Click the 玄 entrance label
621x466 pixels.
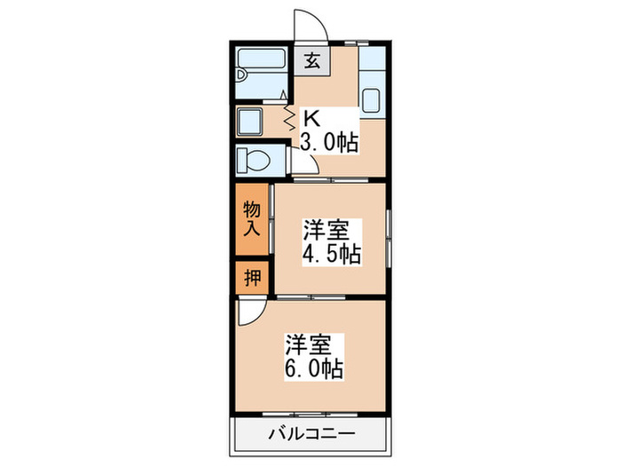(x=312, y=61)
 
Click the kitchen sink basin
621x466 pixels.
(x=371, y=99)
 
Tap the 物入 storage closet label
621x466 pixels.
(x=251, y=217)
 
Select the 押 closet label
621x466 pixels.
(x=251, y=279)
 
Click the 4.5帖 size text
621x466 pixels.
(x=330, y=254)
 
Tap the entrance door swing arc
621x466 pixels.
(x=313, y=24)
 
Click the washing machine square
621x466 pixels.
(x=250, y=120)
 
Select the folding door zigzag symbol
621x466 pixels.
(x=288, y=115)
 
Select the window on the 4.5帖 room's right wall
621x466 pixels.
(x=389, y=238)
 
